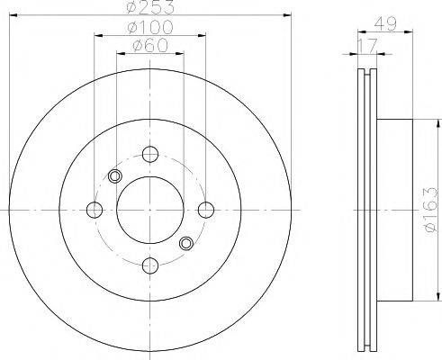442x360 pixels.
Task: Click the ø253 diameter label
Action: tap(150, 6)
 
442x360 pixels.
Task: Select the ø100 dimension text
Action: tap(150, 27)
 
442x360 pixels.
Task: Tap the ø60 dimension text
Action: tap(150, 46)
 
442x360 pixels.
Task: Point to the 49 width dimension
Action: tap(385, 23)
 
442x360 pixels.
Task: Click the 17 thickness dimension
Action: tap(367, 46)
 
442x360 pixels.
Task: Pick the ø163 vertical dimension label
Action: tap(431, 210)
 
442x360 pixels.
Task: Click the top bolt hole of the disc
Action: tap(150, 154)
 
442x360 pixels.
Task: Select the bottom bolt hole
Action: tap(150, 265)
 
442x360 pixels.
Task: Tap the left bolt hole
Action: tap(95, 210)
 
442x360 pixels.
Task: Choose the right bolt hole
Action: tap(206, 210)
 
